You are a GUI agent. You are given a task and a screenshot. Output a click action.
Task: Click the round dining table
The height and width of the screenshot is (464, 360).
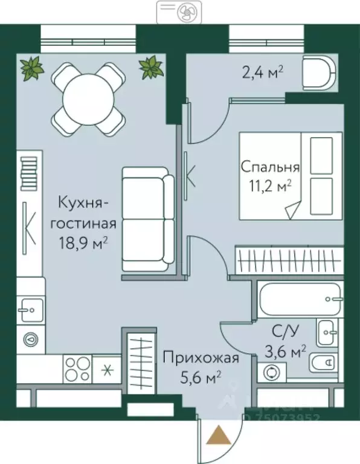(88, 98)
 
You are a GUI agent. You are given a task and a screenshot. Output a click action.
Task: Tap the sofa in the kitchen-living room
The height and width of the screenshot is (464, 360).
(148, 219)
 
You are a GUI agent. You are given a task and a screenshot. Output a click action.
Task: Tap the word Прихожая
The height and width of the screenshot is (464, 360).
(200, 358)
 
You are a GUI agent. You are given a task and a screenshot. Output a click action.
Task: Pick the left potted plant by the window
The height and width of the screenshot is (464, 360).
(31, 68)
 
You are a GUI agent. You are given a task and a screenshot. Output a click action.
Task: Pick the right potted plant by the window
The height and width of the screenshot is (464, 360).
(152, 67)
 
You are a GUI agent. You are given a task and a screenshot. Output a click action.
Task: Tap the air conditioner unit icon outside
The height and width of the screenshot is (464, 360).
(180, 11)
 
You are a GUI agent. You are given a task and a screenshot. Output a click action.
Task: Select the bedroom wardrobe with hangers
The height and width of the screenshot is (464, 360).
(288, 261)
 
